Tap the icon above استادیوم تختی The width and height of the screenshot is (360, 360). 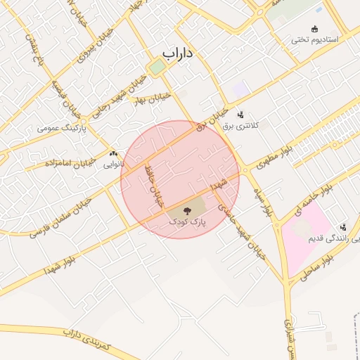tap(314, 29)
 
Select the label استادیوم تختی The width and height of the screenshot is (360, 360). tap(315, 40)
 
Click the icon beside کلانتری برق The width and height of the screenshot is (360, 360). tap(241, 114)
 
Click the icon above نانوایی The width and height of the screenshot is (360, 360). tap(113, 154)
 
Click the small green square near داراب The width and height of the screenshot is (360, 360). tap(156, 67)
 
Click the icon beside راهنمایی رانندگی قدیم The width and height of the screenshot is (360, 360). tap(342, 227)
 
